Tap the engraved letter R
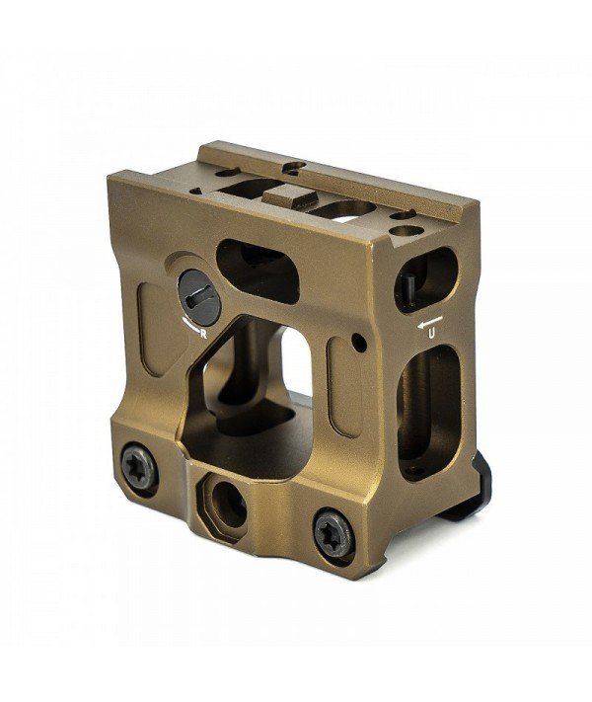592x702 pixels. click(203, 334)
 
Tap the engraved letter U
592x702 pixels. click(431, 335)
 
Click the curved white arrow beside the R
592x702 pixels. click(188, 328)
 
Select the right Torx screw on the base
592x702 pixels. click(333, 533)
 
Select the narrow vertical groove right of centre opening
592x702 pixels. click(340, 395)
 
